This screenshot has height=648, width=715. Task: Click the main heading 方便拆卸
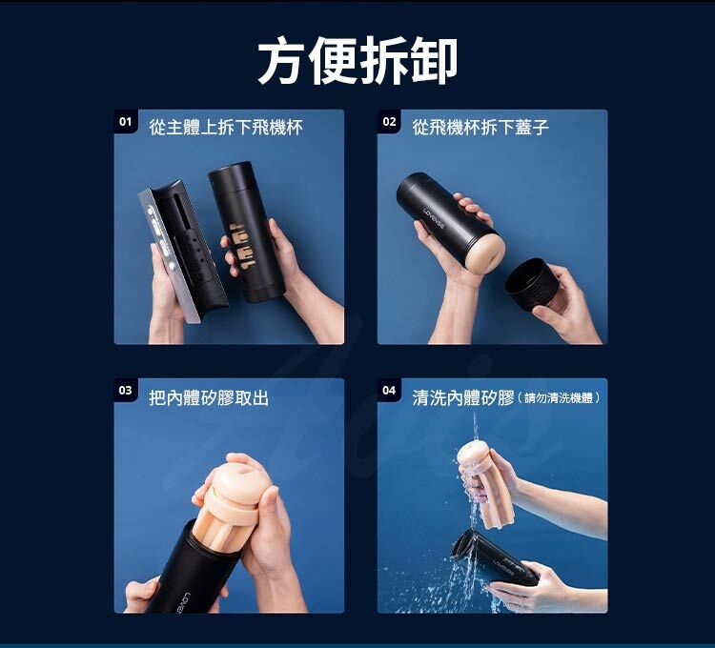[x=357, y=61]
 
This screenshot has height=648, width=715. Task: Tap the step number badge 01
[x=125, y=122]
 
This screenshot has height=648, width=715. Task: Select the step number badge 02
[x=389, y=122]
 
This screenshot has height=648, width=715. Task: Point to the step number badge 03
[x=125, y=391]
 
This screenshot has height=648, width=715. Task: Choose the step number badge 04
[x=389, y=391]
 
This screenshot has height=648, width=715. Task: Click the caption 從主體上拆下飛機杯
[x=226, y=127]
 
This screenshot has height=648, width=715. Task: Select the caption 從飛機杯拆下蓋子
[x=480, y=127]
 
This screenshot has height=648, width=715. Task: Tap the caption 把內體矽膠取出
[x=209, y=397]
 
